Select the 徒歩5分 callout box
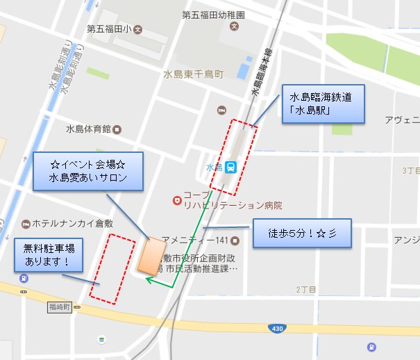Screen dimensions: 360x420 (x=301, y=232)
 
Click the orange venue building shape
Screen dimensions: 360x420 (x=151, y=256)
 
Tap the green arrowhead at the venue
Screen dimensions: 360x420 (x=149, y=279)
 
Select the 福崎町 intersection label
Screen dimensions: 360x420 (x=60, y=306)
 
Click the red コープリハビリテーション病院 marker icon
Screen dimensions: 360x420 (x=178, y=200)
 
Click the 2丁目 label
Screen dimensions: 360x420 (x=306, y=289)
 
